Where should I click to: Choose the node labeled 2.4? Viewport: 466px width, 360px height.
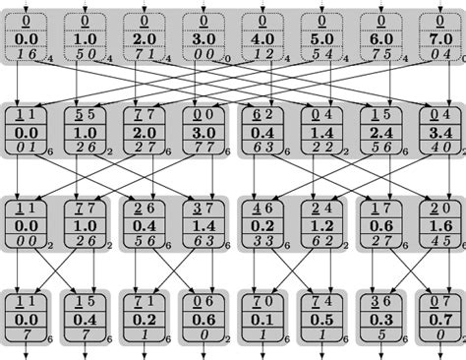coord(379,131)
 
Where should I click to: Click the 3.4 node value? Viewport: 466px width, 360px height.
coord(438,131)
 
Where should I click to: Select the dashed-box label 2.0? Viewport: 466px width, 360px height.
coord(144,38)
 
